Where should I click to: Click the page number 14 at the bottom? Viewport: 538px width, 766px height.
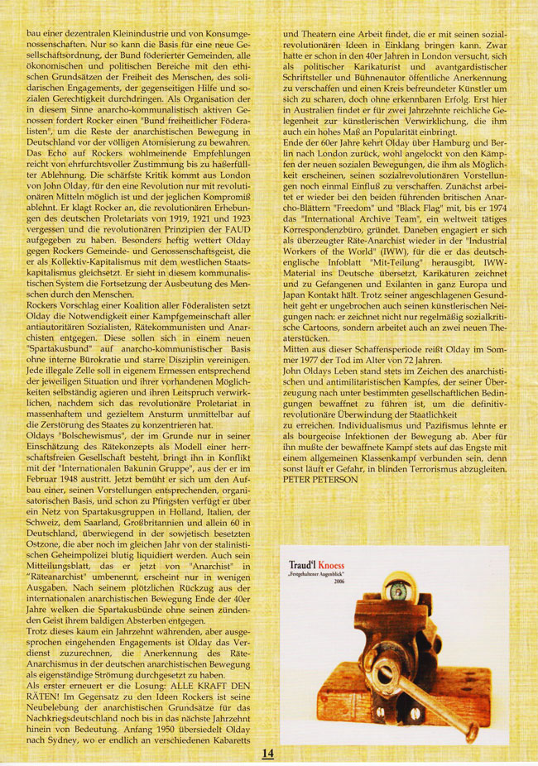(x=267, y=754)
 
